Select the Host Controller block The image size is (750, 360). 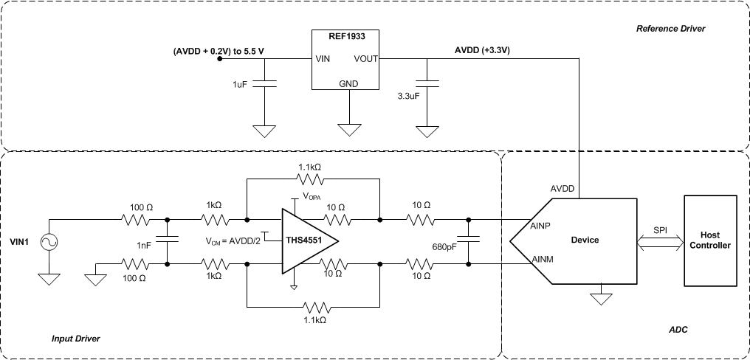(x=715, y=240)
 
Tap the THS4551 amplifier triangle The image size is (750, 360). (x=306, y=240)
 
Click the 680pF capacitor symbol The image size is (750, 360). (x=469, y=240)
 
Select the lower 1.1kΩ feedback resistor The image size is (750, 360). (x=314, y=304)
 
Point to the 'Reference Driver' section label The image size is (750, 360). (x=670, y=29)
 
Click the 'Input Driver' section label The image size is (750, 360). (x=75, y=338)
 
